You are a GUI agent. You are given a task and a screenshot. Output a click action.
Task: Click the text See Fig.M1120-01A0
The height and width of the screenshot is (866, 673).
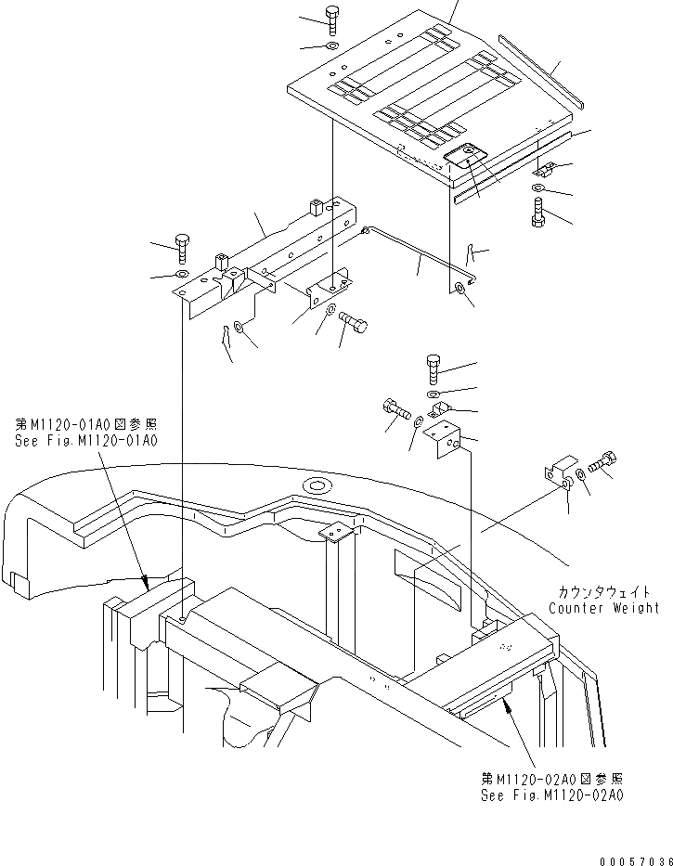click(85, 441)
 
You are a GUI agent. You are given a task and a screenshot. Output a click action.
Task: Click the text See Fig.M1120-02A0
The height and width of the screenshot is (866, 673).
click(551, 795)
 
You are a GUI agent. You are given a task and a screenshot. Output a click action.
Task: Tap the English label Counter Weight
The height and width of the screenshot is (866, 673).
click(603, 608)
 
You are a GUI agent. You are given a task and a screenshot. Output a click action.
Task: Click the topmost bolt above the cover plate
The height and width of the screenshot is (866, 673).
click(332, 16)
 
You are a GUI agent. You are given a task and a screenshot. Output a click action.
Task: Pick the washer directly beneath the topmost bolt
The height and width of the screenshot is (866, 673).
click(332, 45)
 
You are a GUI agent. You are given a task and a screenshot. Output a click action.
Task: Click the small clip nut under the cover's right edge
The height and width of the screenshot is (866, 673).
click(545, 169)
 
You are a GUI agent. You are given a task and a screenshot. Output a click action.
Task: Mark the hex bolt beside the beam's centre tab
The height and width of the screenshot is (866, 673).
click(352, 324)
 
